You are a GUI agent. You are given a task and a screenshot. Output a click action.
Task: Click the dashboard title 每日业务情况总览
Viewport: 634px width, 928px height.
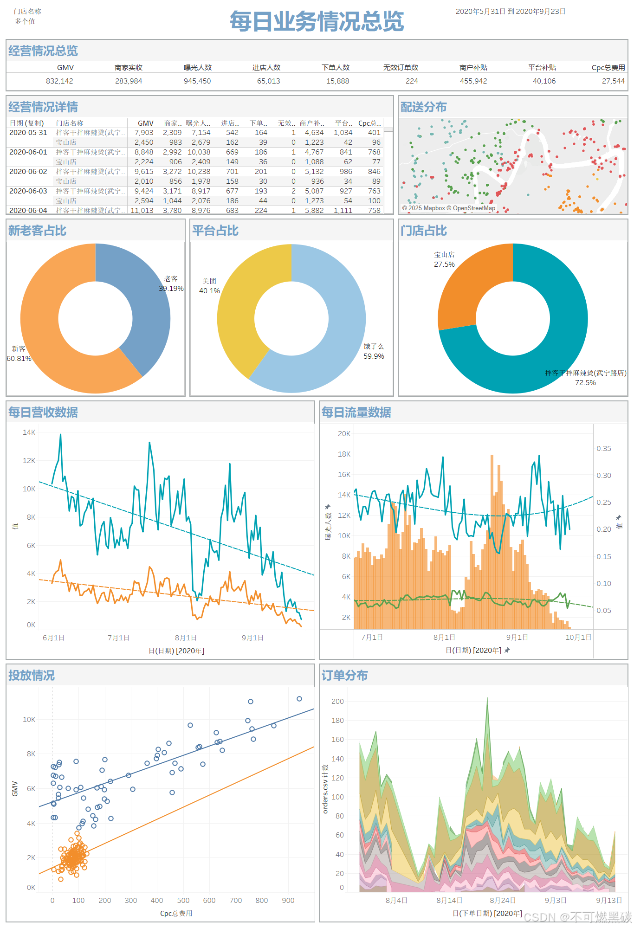pos(317,21)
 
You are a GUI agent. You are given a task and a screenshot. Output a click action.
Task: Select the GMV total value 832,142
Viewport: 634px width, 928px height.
pos(59,81)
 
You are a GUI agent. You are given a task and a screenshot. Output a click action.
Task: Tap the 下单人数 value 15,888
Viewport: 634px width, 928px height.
pos(337,81)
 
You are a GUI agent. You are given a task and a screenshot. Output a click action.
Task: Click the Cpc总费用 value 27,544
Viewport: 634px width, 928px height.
pos(613,81)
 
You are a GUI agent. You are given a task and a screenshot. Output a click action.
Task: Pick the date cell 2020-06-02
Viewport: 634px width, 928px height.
pos(28,172)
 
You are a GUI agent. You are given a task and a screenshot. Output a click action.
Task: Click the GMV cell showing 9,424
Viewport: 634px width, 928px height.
pos(144,191)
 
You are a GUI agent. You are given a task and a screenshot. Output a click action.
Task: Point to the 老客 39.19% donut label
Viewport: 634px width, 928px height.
pos(171,284)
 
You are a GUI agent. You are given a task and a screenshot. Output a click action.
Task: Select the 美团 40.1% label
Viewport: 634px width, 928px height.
pos(209,286)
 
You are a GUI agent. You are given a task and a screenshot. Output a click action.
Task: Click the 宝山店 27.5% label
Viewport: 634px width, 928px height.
pos(444,259)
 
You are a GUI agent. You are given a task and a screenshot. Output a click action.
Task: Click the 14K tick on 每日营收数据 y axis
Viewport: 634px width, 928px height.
pos(29,432)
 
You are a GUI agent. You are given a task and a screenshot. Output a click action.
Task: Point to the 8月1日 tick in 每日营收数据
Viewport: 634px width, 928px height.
pos(186,638)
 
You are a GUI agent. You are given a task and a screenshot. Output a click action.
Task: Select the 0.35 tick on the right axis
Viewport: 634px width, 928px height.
pos(604,449)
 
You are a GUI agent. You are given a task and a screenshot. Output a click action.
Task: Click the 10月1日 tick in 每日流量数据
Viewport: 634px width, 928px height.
pos(578,638)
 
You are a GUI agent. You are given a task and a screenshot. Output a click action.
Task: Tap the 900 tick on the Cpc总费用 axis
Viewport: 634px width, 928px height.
pos(288,901)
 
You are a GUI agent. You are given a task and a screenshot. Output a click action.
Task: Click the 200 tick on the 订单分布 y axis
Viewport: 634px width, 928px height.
pos(337,702)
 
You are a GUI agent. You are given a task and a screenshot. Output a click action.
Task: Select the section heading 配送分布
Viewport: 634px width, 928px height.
pos(423,107)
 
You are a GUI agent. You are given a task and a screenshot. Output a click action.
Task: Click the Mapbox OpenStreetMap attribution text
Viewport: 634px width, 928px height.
pos(448,208)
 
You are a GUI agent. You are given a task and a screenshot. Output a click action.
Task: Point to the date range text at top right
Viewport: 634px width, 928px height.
pos(511,12)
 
